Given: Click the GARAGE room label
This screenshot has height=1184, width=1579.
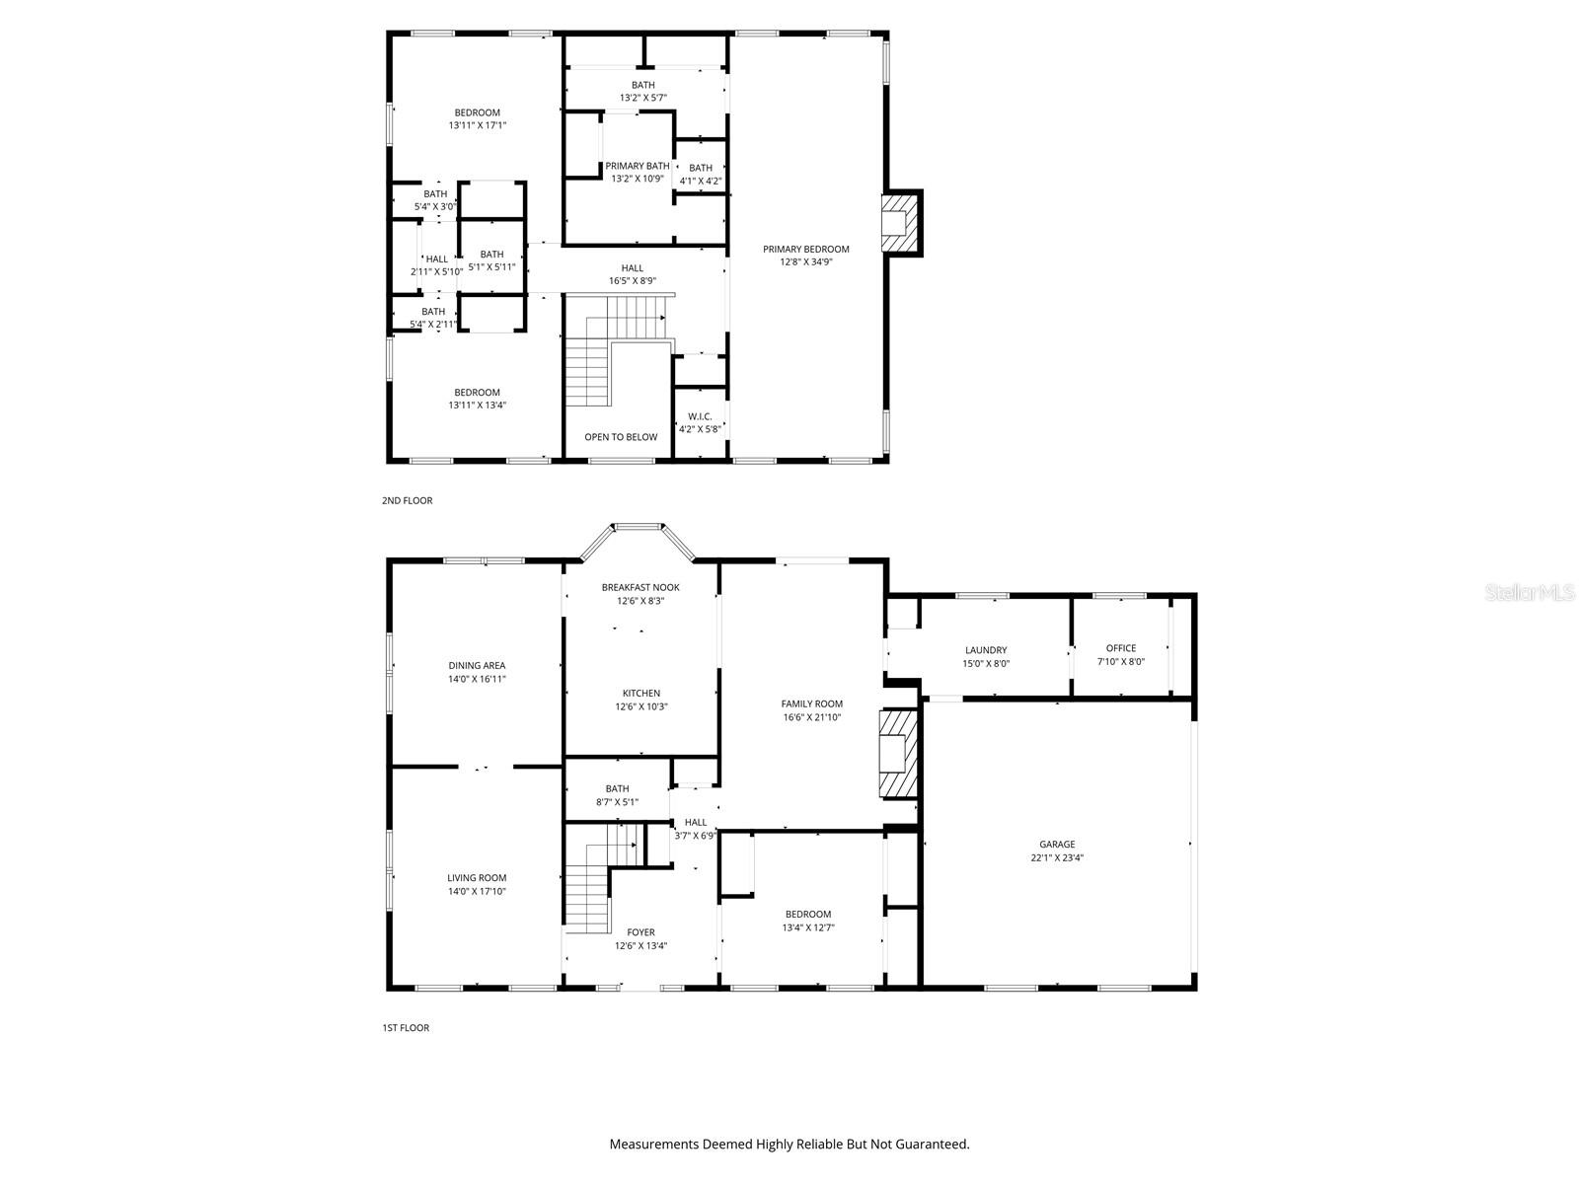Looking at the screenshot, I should [x=1057, y=845].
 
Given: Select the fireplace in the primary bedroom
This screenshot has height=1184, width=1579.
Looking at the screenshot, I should [x=899, y=222].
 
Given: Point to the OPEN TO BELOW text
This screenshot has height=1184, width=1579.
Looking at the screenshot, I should [x=621, y=437].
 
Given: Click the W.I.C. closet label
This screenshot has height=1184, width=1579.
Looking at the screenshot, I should [x=701, y=416].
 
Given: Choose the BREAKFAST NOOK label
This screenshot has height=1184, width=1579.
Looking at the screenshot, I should [x=640, y=588].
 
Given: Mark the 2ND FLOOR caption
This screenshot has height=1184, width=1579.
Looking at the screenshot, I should [x=407, y=501].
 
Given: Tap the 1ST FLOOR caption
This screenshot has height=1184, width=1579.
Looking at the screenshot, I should [x=406, y=1028].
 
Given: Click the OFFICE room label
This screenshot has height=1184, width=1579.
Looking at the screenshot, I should [x=1121, y=648].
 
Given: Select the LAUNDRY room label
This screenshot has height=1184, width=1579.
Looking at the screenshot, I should [x=986, y=650].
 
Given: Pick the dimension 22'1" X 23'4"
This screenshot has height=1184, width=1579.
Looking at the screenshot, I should [x=1057, y=858].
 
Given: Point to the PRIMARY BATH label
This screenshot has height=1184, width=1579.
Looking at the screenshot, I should [x=638, y=166].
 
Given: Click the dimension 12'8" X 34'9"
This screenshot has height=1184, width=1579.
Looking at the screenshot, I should [x=806, y=262].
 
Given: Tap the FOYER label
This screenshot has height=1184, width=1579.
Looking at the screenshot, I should [x=640, y=932].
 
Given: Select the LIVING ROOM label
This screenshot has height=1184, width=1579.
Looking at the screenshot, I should [x=477, y=878].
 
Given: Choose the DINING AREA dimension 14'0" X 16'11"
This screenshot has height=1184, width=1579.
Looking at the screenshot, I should [x=477, y=680].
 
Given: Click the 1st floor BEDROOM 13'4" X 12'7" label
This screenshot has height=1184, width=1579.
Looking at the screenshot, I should [x=808, y=915].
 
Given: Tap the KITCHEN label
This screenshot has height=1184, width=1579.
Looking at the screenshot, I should [x=641, y=693].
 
